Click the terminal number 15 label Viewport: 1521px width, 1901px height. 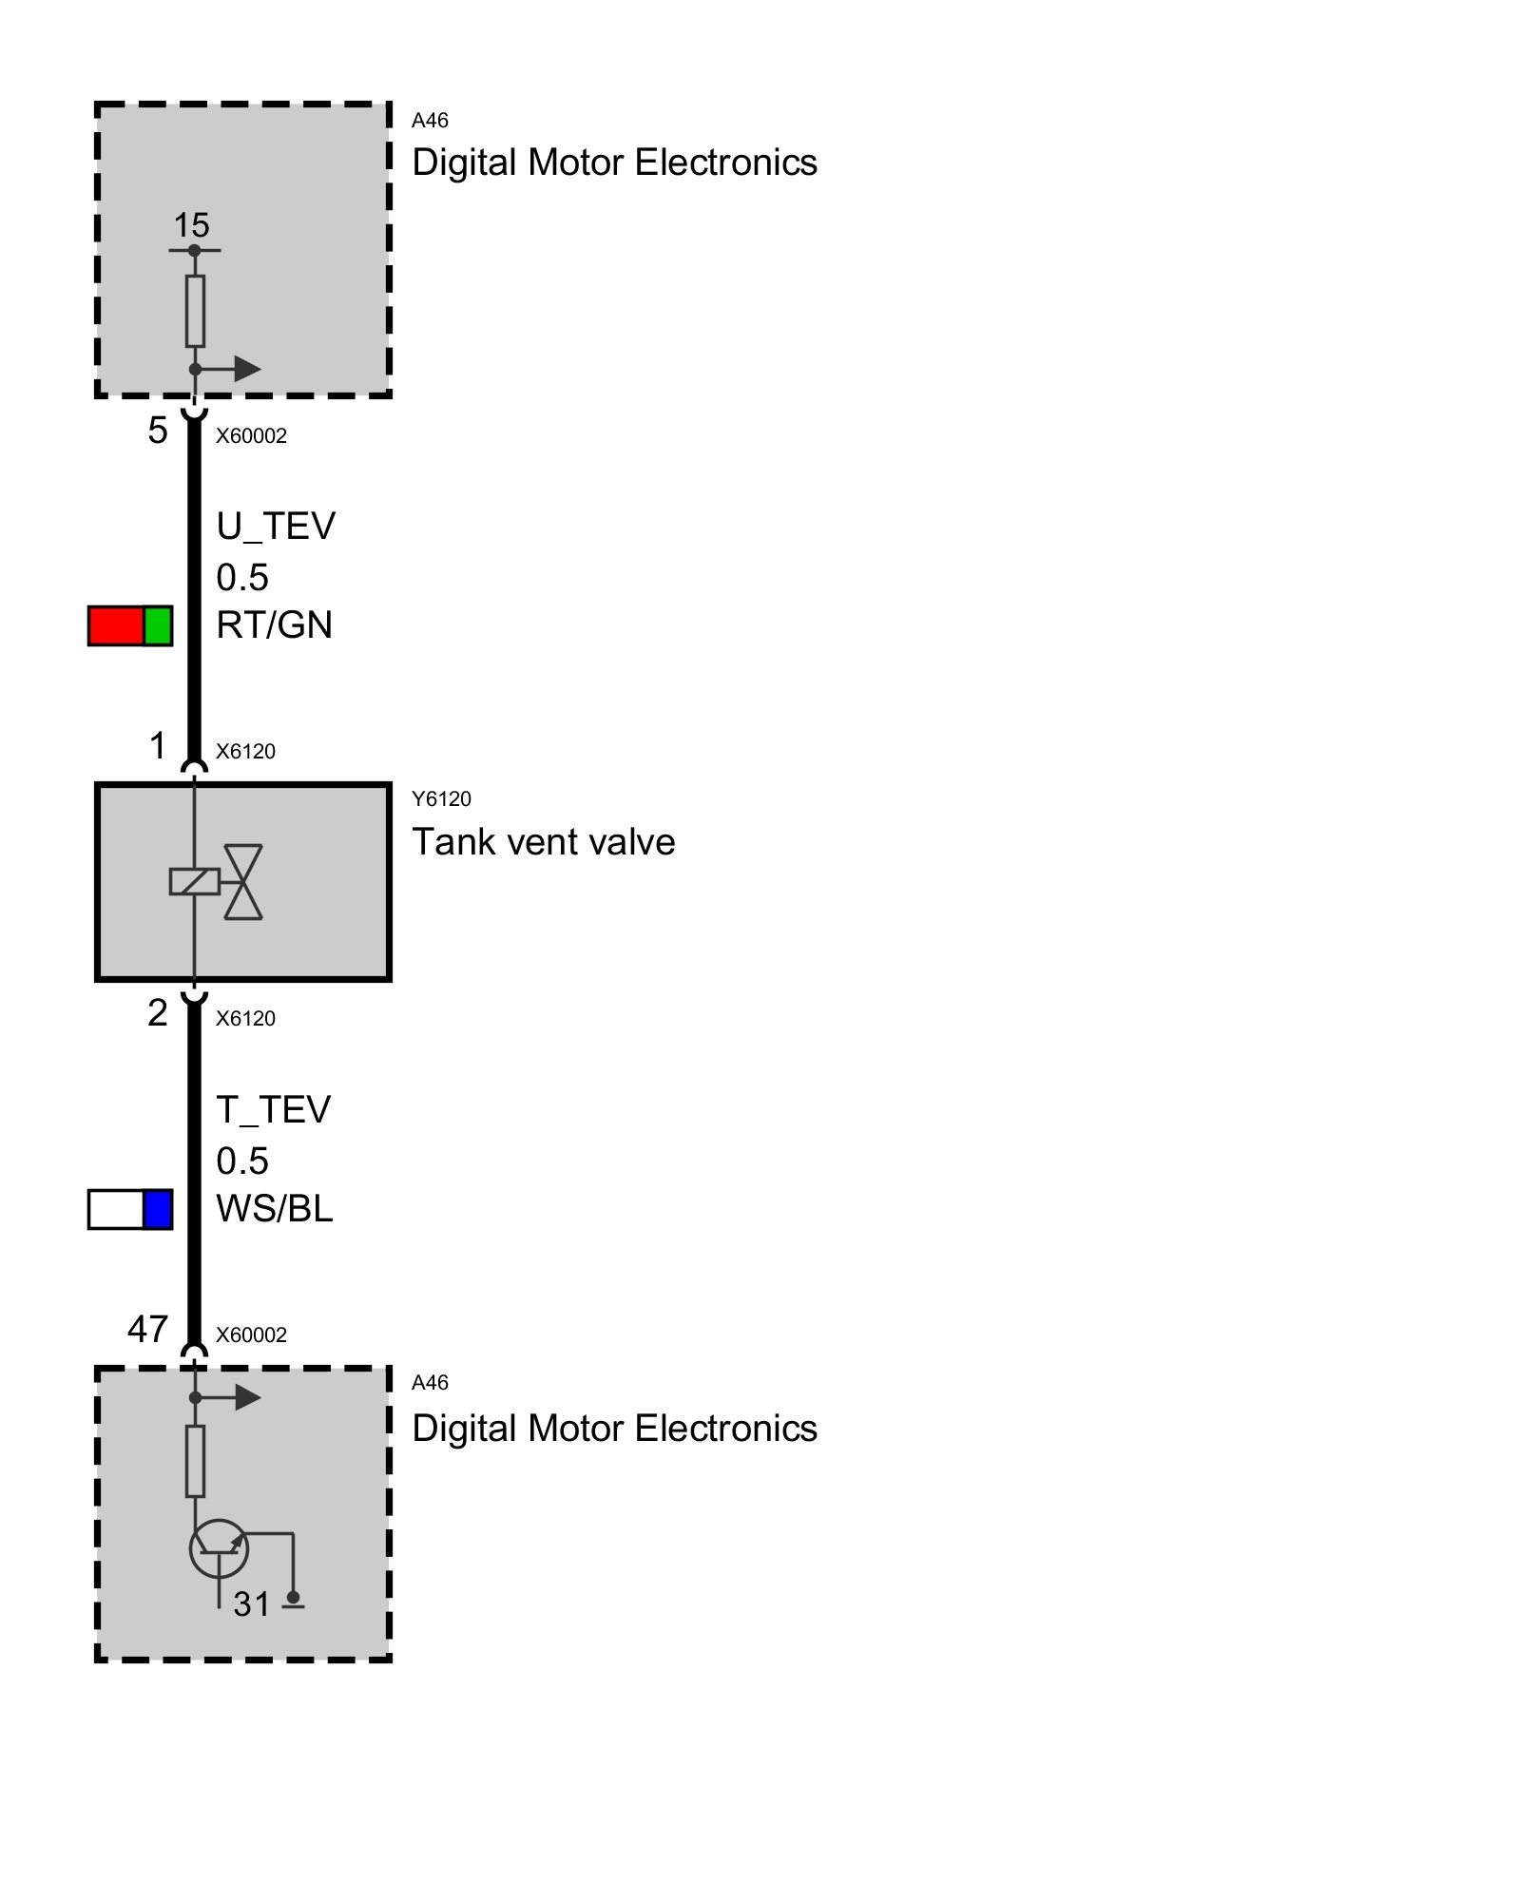pyautogui.click(x=191, y=226)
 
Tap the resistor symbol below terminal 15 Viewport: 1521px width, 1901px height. pyautogui.click(x=195, y=311)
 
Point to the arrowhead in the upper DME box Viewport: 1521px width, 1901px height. pyautogui.click(x=247, y=369)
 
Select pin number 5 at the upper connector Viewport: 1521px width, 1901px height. pyautogui.click(x=158, y=432)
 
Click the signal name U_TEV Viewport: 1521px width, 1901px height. pyautogui.click(x=276, y=527)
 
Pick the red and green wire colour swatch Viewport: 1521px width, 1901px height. pyautogui.click(x=130, y=625)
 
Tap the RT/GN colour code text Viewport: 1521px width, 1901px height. pyautogui.click(x=274, y=625)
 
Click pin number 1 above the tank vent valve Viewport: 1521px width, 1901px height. pyautogui.click(x=158, y=746)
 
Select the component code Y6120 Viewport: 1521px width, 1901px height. pyautogui.click(x=441, y=799)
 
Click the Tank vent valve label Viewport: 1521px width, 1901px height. pyautogui.click(x=543, y=842)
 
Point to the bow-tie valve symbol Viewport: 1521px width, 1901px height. pyautogui.click(x=243, y=882)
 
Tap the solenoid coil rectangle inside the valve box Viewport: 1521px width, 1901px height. pyautogui.click(x=194, y=882)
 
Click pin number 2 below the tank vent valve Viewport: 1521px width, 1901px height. pyautogui.click(x=158, y=1013)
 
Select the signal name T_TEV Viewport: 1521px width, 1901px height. pyautogui.click(x=274, y=1110)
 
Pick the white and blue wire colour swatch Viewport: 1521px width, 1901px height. pyautogui.click(x=130, y=1209)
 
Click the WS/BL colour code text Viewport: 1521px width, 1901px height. pyautogui.click(x=274, y=1209)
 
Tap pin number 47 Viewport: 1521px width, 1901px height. pyautogui.click(x=148, y=1330)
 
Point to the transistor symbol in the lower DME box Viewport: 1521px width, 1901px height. pyautogui.click(x=220, y=1548)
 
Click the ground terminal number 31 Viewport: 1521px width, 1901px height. pyautogui.click(x=252, y=1604)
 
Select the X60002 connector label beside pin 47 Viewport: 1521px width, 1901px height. pyautogui.click(x=251, y=1335)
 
